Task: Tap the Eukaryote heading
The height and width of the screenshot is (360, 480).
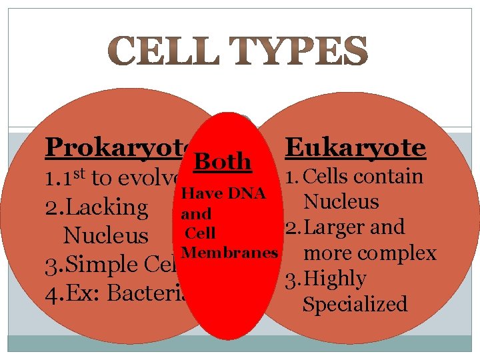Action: tap(355, 148)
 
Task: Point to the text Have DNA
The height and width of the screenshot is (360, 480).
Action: tap(224, 194)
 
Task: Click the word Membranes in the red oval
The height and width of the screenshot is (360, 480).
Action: tap(229, 253)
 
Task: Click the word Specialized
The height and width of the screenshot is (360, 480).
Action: tap(355, 305)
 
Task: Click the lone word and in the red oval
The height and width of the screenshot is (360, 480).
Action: tap(196, 214)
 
